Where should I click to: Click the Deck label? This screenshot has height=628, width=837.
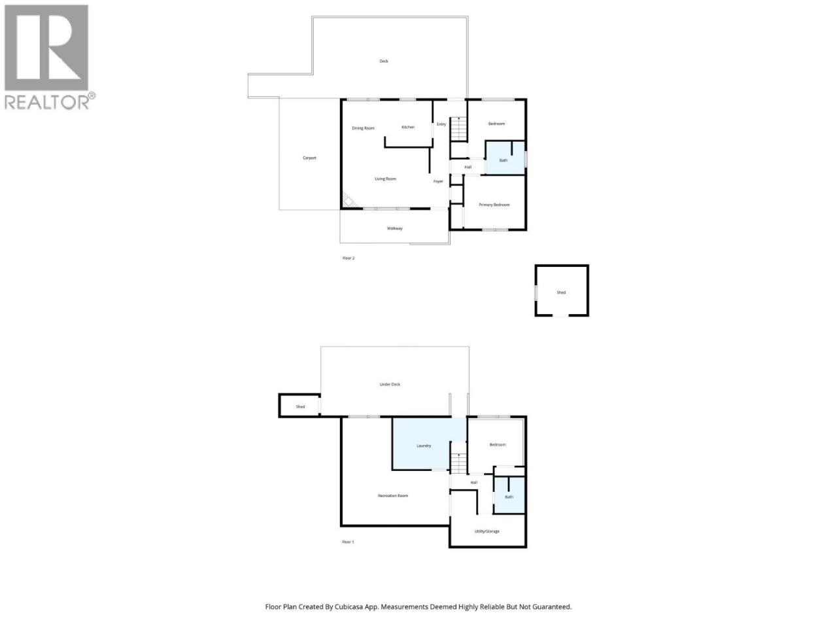tap(384, 61)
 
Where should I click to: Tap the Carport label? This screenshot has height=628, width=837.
tap(309, 158)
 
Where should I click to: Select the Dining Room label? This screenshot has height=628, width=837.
tap(363, 128)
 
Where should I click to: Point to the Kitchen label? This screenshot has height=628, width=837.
tap(408, 127)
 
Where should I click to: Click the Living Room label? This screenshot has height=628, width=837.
tap(385, 179)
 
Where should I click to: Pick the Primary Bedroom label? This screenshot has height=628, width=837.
tap(494, 205)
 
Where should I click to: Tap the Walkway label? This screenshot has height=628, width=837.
tap(395, 228)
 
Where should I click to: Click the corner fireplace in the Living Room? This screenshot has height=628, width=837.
tap(349, 201)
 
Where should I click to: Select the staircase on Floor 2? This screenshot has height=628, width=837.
tap(459, 128)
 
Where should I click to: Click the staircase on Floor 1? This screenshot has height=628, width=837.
tap(459, 463)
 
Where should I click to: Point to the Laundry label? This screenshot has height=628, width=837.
tap(424, 445)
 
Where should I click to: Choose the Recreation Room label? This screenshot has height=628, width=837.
tap(393, 496)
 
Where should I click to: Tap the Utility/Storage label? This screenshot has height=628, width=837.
tap(487, 531)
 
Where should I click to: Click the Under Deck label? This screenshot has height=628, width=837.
tap(390, 385)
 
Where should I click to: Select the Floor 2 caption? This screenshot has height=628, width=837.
tap(348, 258)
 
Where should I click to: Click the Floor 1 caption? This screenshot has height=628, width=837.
tap(348, 542)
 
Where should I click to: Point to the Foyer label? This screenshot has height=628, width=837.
tap(438, 181)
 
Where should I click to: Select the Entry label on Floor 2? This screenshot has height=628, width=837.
tap(441, 124)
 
